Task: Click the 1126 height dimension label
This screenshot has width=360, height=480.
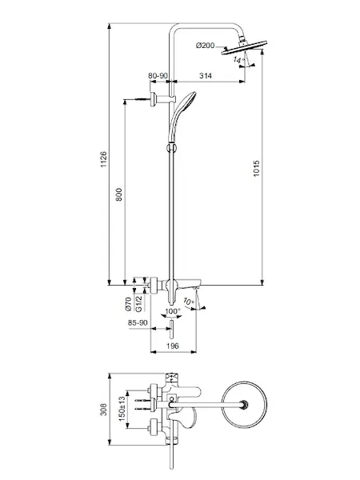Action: coord(104,159)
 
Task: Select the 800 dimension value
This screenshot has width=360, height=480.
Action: coord(118,194)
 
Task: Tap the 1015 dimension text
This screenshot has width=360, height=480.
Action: coord(256,168)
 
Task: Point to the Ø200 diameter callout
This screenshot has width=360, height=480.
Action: coord(205,46)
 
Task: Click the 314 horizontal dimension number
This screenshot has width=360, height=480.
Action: coord(206,76)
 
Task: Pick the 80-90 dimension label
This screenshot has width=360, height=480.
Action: coord(158,75)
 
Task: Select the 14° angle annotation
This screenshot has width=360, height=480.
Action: coord(239,59)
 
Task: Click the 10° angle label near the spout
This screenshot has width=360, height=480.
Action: coord(189,302)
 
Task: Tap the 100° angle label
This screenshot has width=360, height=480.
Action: coord(173,311)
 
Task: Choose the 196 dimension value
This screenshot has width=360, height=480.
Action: coord(172,346)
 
